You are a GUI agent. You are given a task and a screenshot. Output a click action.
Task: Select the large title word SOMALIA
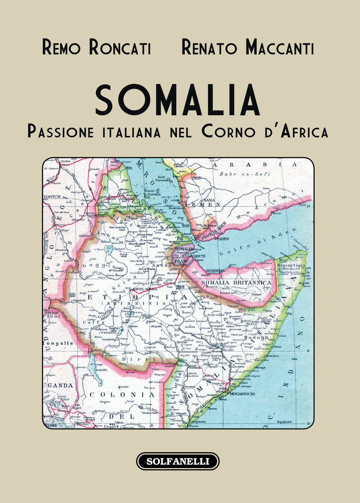[178, 101]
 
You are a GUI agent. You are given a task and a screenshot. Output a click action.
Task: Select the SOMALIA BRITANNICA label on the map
[236, 282]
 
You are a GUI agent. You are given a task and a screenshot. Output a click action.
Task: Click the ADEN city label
[224, 239]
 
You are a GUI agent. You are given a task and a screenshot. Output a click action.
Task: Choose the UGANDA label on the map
[59, 385]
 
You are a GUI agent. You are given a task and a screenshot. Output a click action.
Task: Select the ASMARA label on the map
[129, 198]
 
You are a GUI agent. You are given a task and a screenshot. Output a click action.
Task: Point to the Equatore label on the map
[284, 422]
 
